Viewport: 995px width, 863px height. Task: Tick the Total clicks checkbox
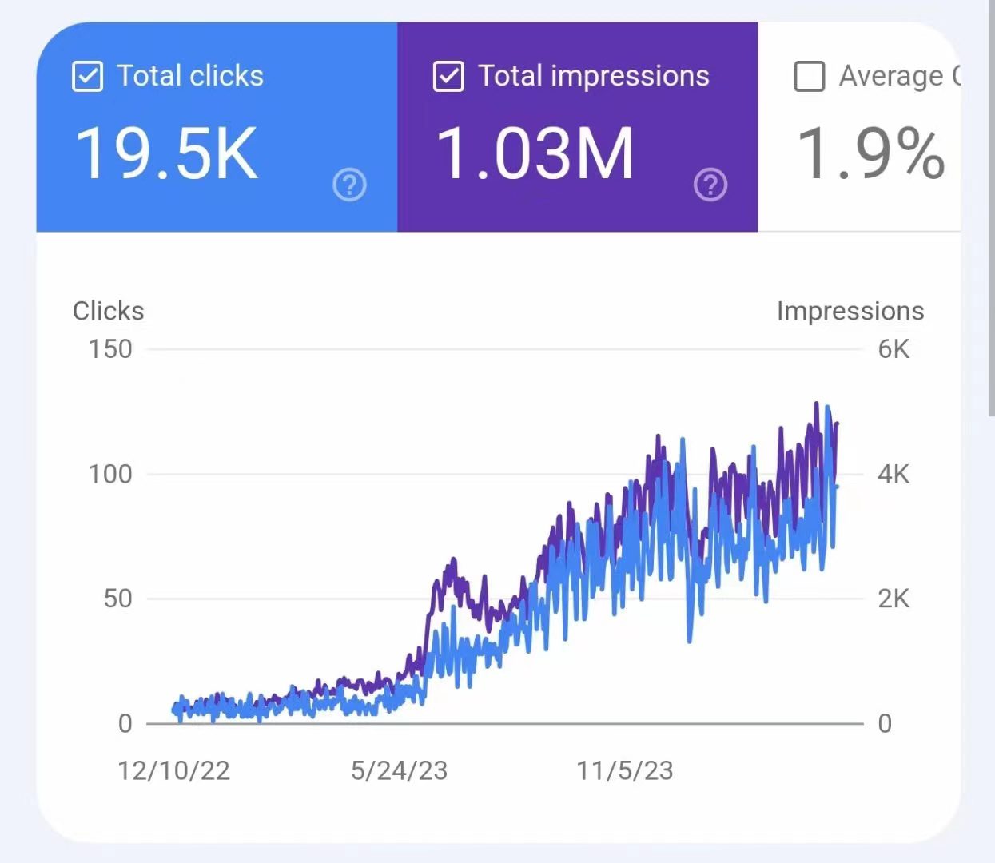[87, 77]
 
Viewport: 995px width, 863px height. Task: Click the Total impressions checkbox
[448, 77]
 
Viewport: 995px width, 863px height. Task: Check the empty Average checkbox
[809, 77]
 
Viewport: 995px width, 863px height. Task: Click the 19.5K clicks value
[166, 153]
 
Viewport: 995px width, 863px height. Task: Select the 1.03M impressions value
[535, 153]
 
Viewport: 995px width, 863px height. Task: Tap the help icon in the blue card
[349, 185]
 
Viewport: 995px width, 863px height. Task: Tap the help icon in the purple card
[710, 185]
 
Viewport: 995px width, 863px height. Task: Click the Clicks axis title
[109, 311]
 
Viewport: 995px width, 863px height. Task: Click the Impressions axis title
[850, 311]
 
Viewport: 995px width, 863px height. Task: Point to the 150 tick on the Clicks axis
[110, 349]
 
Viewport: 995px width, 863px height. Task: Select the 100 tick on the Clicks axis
[110, 474]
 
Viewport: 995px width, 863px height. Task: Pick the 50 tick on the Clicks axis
[118, 599]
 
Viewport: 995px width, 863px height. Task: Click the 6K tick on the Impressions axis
[894, 349]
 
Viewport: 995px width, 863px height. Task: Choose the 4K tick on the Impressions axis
[894, 474]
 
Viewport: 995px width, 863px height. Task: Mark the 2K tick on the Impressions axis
[894, 599]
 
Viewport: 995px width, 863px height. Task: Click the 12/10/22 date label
[173, 770]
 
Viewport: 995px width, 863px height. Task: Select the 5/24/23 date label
[399, 770]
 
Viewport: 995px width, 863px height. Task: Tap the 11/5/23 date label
[625, 770]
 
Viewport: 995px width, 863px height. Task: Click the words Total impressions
[594, 76]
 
